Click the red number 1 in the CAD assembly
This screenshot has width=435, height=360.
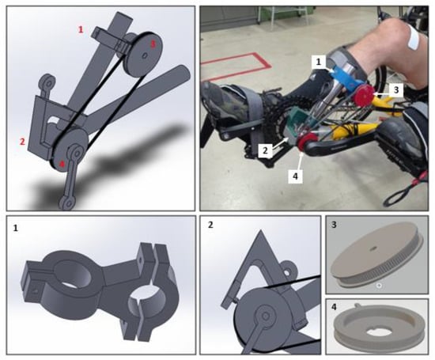click(x=81, y=29)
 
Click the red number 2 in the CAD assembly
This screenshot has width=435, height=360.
click(x=22, y=142)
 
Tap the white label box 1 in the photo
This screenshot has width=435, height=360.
click(x=319, y=62)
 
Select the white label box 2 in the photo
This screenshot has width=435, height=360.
click(x=265, y=150)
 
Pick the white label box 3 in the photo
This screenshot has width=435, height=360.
click(x=396, y=89)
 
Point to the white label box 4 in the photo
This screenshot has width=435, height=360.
click(x=295, y=176)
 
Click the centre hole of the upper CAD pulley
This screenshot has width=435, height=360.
click(x=145, y=56)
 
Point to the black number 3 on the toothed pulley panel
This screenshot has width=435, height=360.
click(x=334, y=224)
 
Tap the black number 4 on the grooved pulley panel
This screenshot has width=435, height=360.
click(x=334, y=307)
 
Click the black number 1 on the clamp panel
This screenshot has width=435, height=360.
click(x=16, y=229)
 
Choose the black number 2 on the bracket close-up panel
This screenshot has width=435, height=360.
click(x=210, y=225)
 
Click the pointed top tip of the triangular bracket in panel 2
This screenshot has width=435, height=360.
click(x=260, y=230)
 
